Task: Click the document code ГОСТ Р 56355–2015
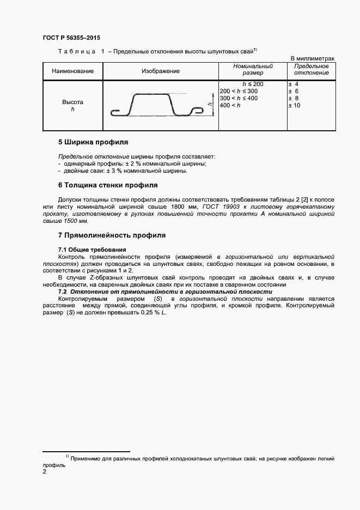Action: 71,38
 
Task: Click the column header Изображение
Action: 161,71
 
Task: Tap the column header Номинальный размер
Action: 253,69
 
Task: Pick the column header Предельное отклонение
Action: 311,69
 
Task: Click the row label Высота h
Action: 72,106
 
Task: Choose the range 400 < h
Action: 230,105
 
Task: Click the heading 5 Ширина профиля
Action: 93,142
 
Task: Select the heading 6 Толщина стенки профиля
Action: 108,185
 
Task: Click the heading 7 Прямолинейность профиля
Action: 112,235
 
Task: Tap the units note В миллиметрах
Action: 312,58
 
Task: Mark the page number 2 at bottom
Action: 45,471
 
